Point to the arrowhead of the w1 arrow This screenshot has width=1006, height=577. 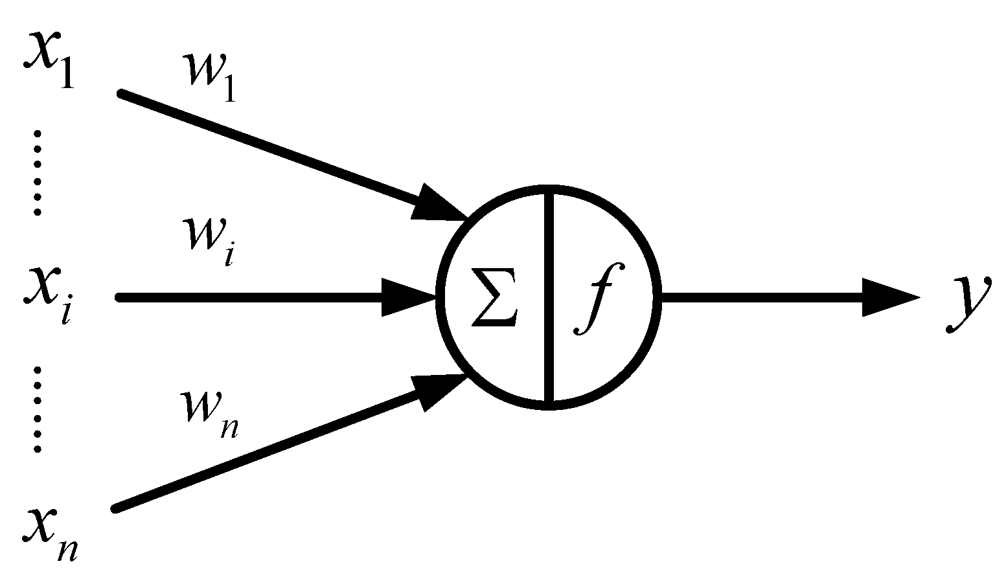click(x=438, y=203)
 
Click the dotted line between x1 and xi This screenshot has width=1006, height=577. click(x=38, y=172)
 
